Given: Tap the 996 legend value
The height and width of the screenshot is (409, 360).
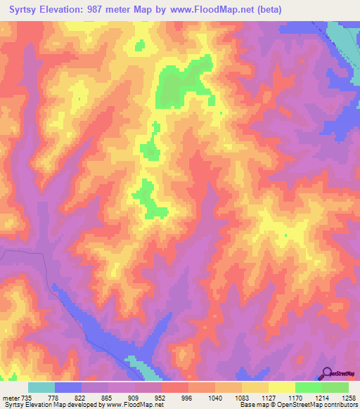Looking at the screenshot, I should click(188, 397).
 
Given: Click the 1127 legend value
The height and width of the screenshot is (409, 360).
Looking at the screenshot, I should click(269, 397).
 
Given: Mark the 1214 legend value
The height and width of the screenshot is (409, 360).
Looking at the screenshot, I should click(322, 397).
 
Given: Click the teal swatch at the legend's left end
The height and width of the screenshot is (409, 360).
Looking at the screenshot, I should click(41, 387).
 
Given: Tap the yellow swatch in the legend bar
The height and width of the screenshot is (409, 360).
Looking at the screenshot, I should click(281, 387).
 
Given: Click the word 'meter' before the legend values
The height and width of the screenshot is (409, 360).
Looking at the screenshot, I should click(10, 397).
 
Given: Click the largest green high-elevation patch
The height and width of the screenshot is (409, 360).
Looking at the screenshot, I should click(181, 86).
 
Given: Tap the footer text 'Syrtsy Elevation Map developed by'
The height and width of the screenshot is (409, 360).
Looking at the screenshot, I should click(51, 405).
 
